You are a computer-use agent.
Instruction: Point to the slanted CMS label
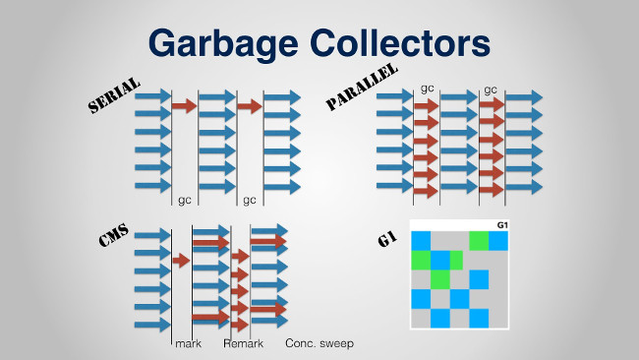pyautogui.click(x=115, y=241)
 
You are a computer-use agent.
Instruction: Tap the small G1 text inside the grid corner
pyautogui.click(x=501, y=225)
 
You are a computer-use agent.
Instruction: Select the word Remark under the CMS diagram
pyautogui.click(x=242, y=343)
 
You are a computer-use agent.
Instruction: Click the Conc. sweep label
pyautogui.click(x=319, y=343)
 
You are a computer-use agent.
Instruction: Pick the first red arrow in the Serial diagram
pyautogui.click(x=184, y=104)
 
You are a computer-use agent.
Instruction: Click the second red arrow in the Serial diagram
pyautogui.click(x=250, y=104)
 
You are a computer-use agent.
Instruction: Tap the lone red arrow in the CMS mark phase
pyautogui.click(x=180, y=260)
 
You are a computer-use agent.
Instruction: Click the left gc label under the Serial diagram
pyautogui.click(x=184, y=200)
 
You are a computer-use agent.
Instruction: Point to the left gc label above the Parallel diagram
pyautogui.click(x=427, y=89)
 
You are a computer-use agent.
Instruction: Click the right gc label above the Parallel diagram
pyautogui.click(x=490, y=89)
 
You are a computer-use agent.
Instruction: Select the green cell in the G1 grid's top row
pyautogui.click(x=479, y=240)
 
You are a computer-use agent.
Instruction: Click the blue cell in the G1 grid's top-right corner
pyautogui.click(x=498, y=240)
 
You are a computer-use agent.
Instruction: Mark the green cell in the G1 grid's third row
pyautogui.click(x=439, y=279)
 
